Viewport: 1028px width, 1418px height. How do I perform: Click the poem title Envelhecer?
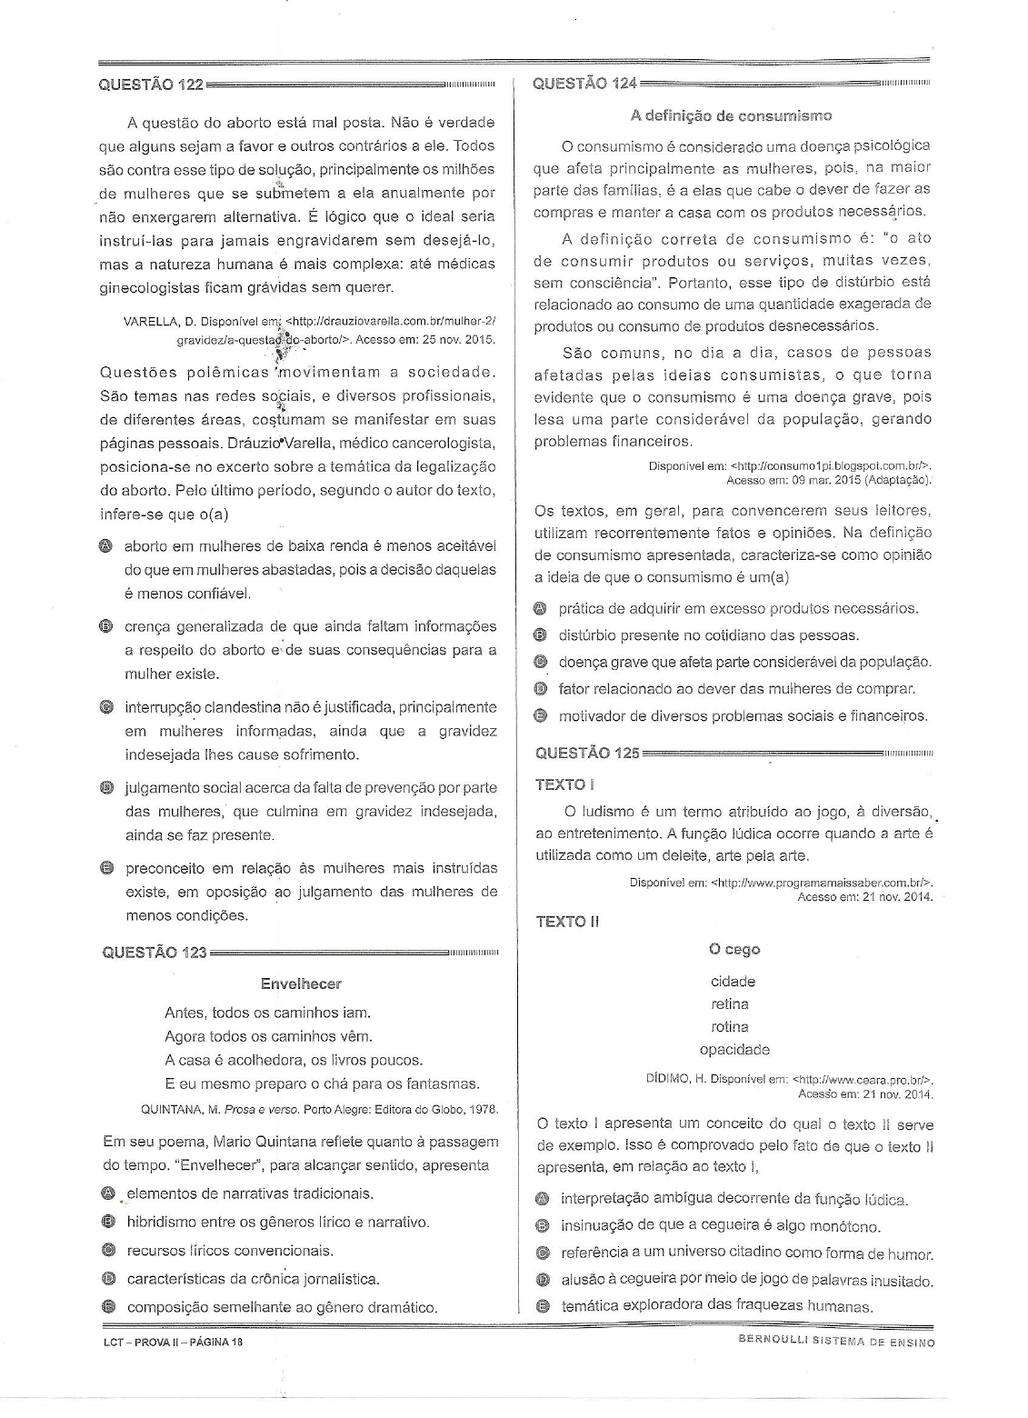[x=301, y=984]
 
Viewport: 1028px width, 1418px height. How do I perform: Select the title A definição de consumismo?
[x=731, y=115]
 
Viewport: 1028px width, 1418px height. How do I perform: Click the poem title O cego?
[x=734, y=950]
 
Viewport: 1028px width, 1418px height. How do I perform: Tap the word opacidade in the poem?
[x=734, y=1050]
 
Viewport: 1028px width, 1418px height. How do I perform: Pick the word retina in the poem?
[x=730, y=1004]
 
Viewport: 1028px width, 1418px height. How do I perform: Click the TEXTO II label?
[x=567, y=922]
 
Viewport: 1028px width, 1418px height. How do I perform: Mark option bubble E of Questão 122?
[x=106, y=868]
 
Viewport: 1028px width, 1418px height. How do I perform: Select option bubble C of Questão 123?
[x=109, y=1251]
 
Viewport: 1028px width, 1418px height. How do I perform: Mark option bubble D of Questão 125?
[x=544, y=1281]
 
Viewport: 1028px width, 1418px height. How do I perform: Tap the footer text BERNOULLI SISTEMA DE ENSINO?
[x=836, y=1342]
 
